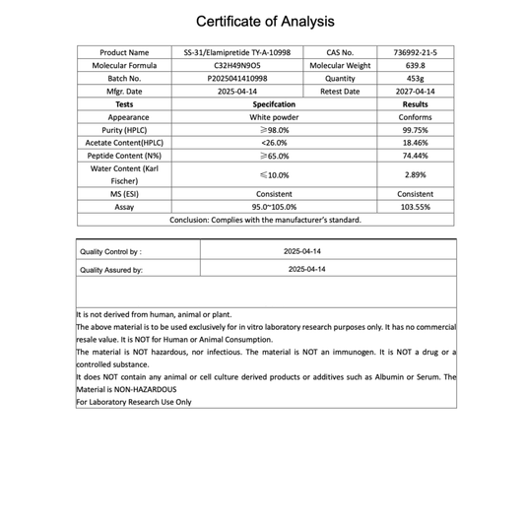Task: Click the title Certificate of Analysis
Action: tap(265, 21)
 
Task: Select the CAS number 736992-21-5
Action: tap(415, 52)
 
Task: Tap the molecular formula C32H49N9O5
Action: tap(237, 65)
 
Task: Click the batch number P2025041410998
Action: tap(237, 78)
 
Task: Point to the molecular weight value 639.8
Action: tap(415, 65)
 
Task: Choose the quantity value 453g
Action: tap(415, 78)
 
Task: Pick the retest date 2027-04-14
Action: tap(415, 91)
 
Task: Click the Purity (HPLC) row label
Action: tap(125, 129)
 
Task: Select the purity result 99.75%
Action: tap(415, 129)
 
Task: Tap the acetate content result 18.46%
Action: tap(415, 142)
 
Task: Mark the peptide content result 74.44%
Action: tap(415, 155)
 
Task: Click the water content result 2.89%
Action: tap(415, 174)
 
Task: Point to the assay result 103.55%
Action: tap(415, 207)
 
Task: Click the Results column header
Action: tap(415, 103)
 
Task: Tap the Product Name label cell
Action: tap(125, 52)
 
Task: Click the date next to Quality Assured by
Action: tap(306, 269)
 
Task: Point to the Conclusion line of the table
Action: tap(265, 220)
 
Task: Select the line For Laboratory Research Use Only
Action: tap(134, 402)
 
